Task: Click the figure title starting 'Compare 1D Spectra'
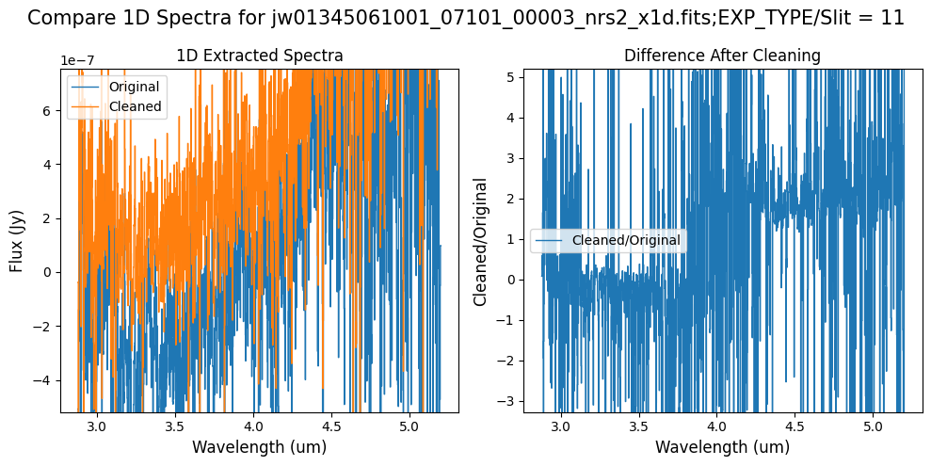click(x=465, y=18)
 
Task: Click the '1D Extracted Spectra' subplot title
click(x=260, y=56)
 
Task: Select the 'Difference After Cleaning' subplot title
click(x=722, y=56)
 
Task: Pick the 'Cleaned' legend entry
click(x=136, y=107)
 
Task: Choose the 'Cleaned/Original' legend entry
click(x=626, y=240)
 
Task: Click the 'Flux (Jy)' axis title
click(x=17, y=240)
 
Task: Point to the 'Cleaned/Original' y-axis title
click(x=481, y=241)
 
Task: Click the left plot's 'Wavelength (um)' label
click(x=260, y=447)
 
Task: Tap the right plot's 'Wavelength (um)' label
click(x=722, y=447)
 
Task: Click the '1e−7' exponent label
click(x=78, y=60)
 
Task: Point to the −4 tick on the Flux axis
click(x=45, y=380)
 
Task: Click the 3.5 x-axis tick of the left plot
click(x=175, y=426)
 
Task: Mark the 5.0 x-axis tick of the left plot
click(x=409, y=426)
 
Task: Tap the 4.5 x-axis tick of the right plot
click(x=795, y=426)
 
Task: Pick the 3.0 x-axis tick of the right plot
click(x=560, y=426)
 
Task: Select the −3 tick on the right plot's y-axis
click(x=508, y=400)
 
